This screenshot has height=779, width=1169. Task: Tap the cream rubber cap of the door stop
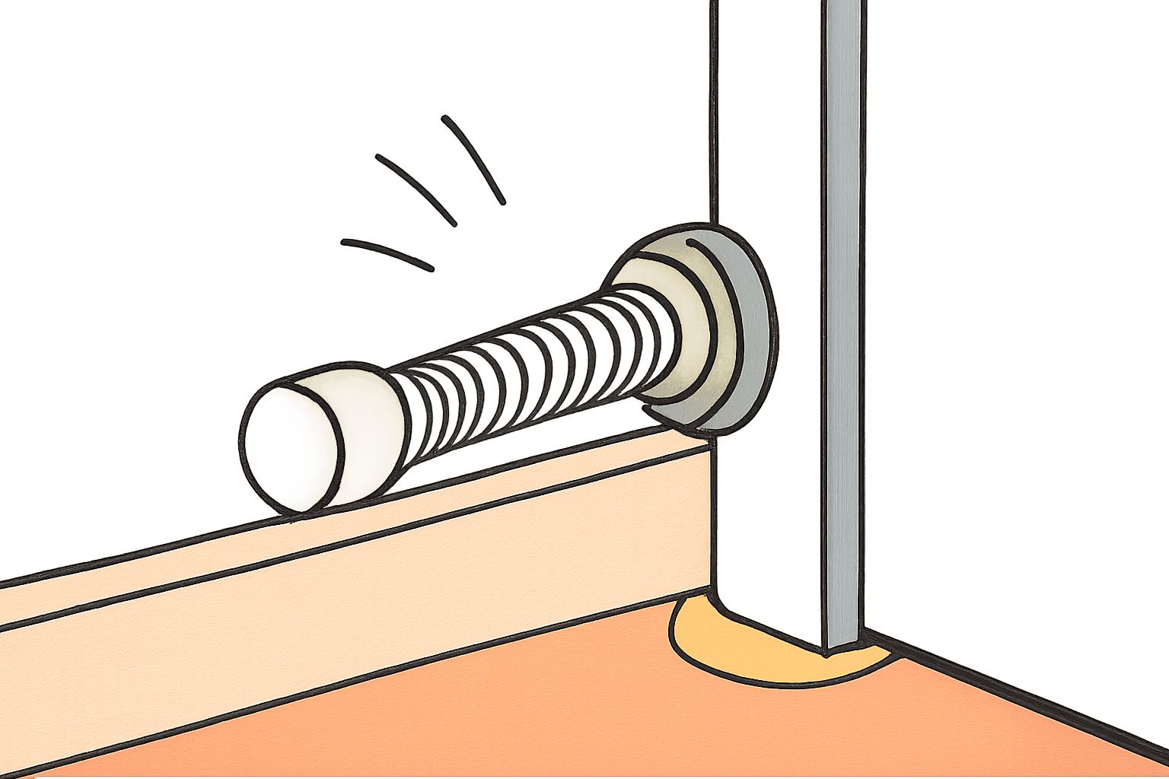358,437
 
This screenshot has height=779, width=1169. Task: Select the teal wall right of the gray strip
1012,304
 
